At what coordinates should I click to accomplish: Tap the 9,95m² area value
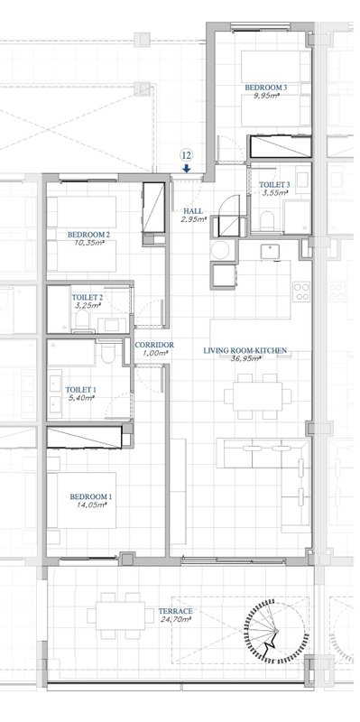coord(268,96)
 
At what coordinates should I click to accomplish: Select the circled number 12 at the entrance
coord(186,154)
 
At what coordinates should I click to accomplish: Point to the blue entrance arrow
coord(186,169)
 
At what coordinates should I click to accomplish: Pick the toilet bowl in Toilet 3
coord(267,219)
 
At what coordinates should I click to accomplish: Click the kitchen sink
coord(270,252)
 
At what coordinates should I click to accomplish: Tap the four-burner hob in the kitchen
coord(301,292)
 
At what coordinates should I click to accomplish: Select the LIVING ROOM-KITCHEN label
coord(245,350)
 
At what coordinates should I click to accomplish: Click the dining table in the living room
coord(257,396)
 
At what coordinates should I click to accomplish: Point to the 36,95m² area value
coord(245,358)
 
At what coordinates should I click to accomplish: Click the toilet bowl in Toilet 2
coord(82,319)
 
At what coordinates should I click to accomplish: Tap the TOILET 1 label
coord(80,389)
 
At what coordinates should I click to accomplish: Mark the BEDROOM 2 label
coord(88,235)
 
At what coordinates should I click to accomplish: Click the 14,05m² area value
coord(91,504)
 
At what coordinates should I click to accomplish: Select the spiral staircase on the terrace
coord(275,631)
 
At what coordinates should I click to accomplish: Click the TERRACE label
coord(175,611)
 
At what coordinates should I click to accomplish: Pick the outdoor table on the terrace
coord(120,616)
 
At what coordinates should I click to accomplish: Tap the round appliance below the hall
coord(219,250)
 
